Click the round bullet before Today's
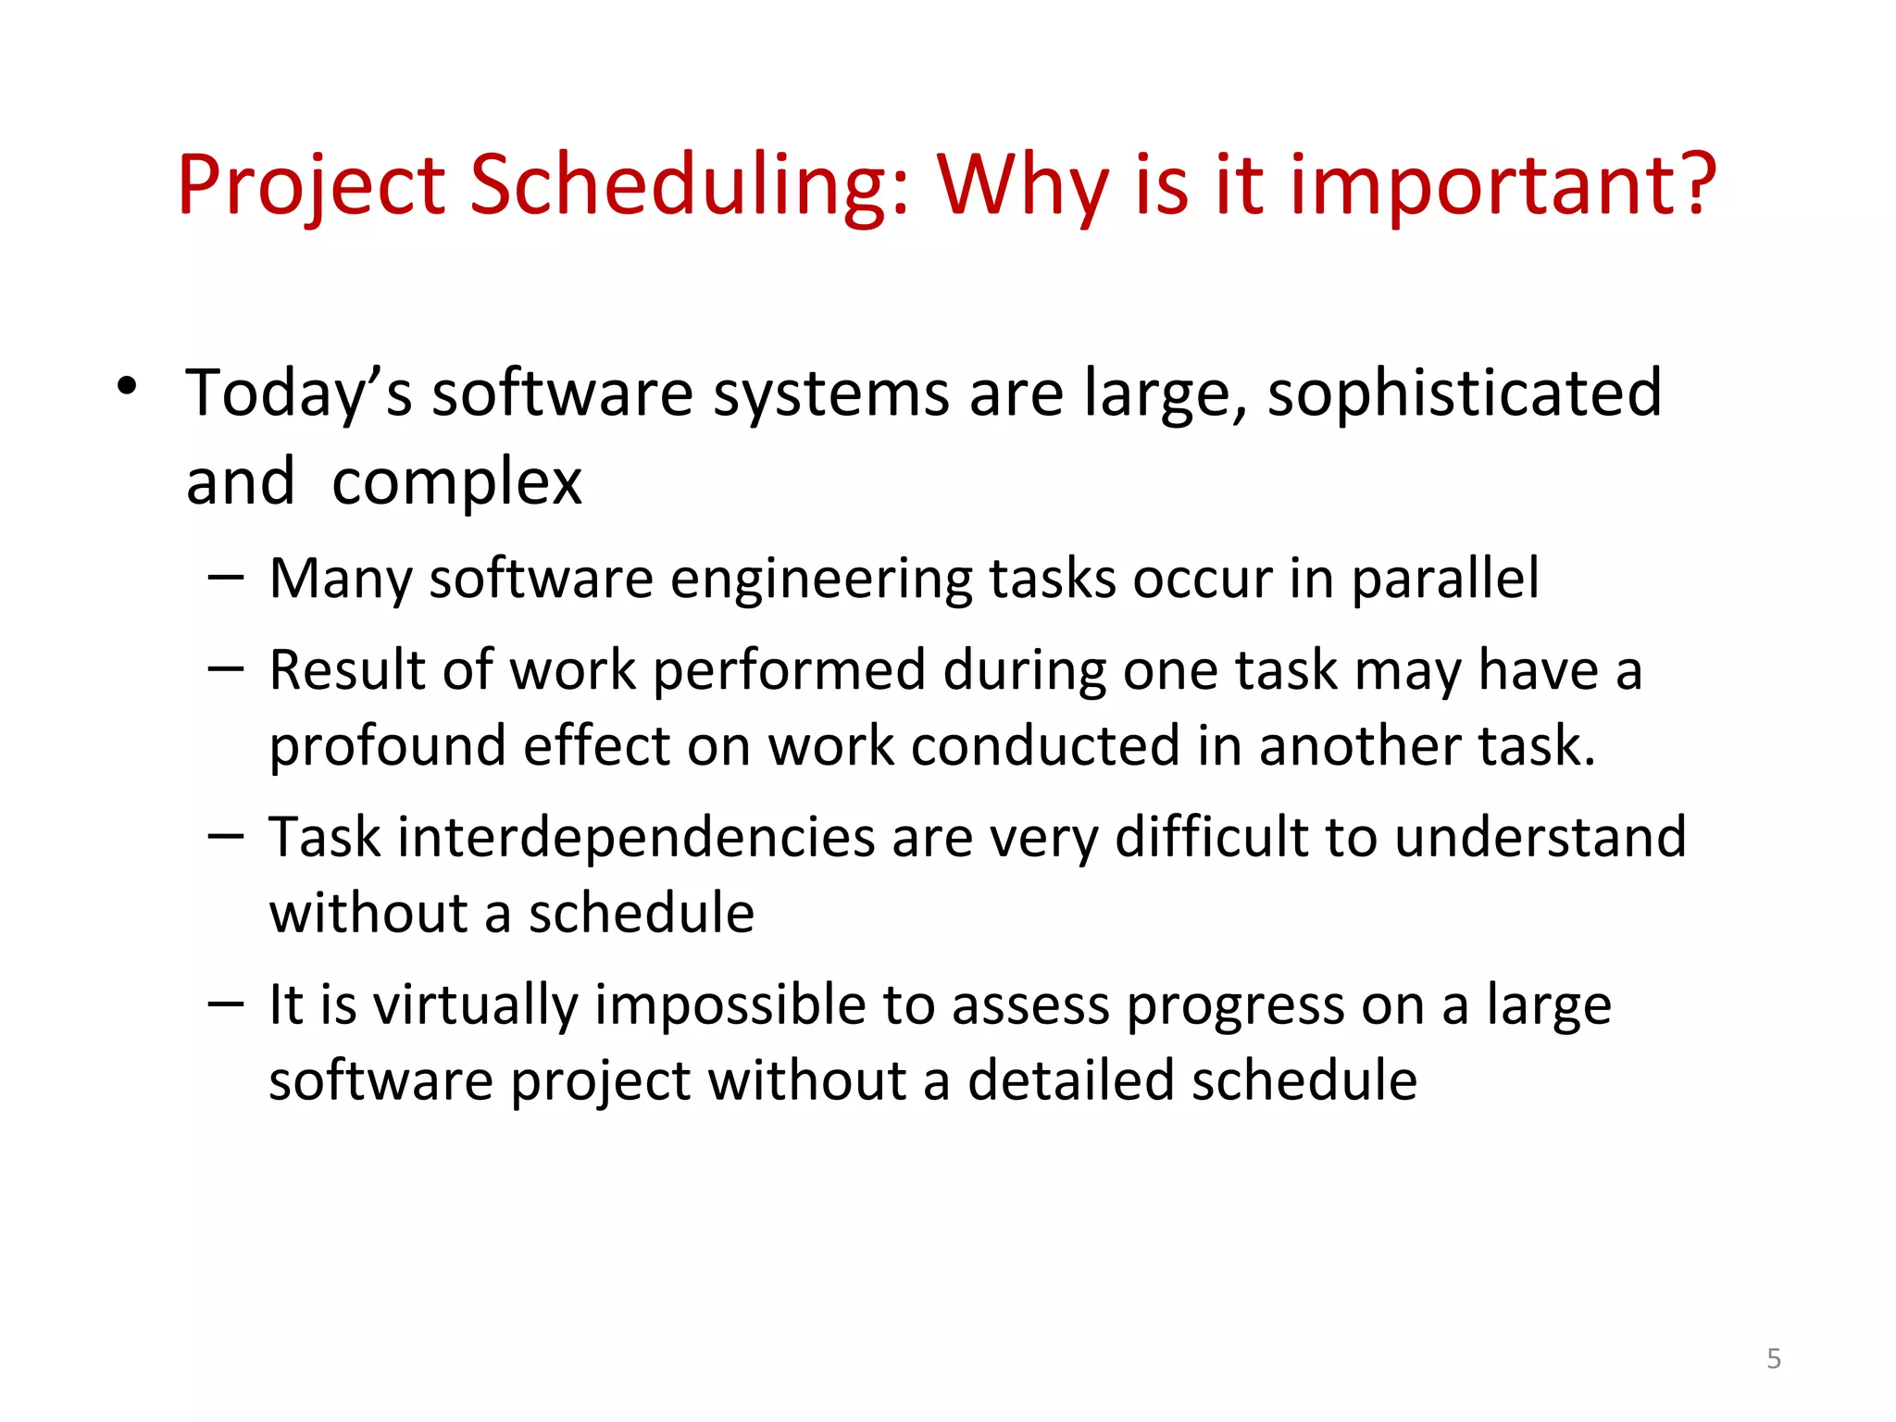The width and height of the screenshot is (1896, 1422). pos(127,386)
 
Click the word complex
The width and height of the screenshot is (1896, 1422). pos(456,482)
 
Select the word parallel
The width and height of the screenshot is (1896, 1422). pos(1445,580)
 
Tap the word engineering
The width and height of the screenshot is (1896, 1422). pos(821,580)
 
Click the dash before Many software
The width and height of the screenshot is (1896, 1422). pos(226,578)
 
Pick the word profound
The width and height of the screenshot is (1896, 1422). pos(387,746)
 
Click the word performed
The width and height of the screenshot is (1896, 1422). pos(789,670)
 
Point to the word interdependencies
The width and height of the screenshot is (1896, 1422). pos(637,838)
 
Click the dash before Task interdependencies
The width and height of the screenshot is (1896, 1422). pos(226,836)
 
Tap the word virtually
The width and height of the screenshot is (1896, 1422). pos(476,1005)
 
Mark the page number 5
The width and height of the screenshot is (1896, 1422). pos(1774,1359)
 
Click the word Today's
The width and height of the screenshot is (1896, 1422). pos(298,393)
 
